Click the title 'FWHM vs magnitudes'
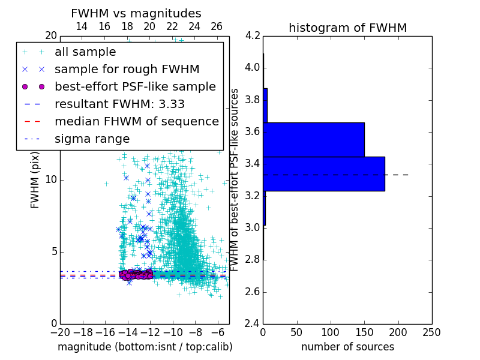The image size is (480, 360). (x=136, y=13)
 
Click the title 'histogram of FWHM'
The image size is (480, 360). (x=347, y=28)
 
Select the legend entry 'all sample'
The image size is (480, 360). (x=85, y=52)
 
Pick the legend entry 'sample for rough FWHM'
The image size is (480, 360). (x=127, y=69)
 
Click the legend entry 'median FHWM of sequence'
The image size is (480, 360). (x=136, y=121)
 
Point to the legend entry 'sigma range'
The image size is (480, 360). (x=92, y=139)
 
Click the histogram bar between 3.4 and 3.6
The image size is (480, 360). (x=314, y=139)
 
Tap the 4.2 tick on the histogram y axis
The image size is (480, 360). (x=252, y=35)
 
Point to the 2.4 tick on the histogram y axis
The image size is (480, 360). (x=252, y=323)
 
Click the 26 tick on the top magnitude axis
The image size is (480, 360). (x=217, y=26)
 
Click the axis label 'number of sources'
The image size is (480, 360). (x=347, y=347)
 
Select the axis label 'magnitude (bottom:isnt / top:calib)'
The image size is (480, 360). (x=145, y=347)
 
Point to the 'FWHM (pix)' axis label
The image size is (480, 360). (x=35, y=179)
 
